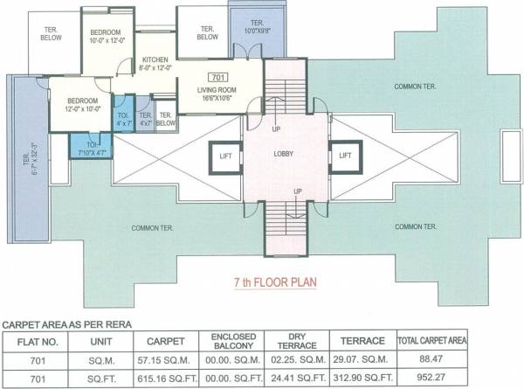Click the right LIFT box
[344, 156]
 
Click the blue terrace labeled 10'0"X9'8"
[257, 26]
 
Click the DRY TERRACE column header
[294, 339]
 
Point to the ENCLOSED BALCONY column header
[231, 339]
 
